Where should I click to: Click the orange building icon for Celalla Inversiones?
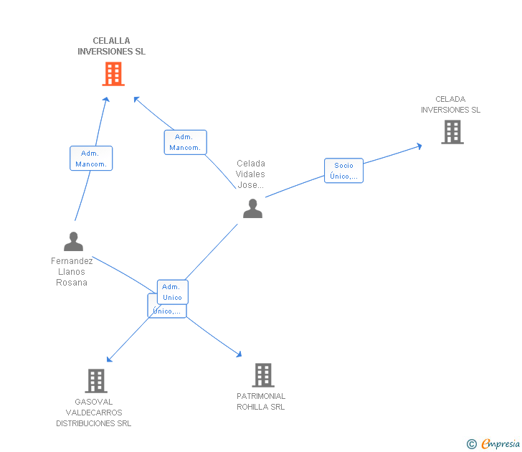[x=113, y=74]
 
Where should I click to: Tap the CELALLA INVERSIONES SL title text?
[x=111, y=47]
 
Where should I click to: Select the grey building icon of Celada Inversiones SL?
[x=452, y=132]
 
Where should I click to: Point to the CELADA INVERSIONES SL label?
[x=450, y=105]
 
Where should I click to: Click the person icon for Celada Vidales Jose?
[x=252, y=209]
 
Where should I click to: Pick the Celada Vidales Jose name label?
[x=251, y=174]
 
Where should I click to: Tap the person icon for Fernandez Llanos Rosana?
[x=73, y=241]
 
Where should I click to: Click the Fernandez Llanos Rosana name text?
[x=72, y=272]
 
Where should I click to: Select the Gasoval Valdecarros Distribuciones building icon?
[x=96, y=381]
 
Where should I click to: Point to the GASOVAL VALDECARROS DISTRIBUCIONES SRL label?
[x=94, y=413]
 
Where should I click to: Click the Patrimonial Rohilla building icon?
[x=263, y=375]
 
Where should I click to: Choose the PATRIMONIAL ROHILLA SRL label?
[x=261, y=402]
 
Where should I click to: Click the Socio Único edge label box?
[x=343, y=171]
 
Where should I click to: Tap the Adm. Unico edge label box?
[x=172, y=292]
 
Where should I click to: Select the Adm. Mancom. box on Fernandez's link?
[x=91, y=159]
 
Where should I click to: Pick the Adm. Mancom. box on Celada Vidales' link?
[x=185, y=143]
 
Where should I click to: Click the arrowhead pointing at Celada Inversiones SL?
[x=419, y=146]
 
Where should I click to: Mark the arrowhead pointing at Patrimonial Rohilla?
[x=239, y=354]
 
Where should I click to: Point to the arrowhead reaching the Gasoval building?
[x=109, y=359]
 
